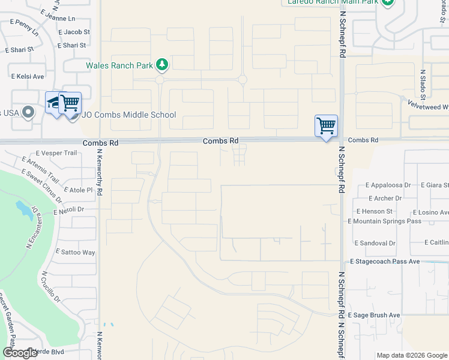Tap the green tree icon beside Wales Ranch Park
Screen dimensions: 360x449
[161, 64]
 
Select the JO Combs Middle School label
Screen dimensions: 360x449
[128, 115]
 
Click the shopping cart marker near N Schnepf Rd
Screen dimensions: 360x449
[326, 126]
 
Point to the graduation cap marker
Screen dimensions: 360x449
[55, 103]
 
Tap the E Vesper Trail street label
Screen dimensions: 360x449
[57, 153]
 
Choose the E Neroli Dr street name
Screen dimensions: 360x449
[68, 211]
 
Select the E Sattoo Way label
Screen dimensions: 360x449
[75, 253]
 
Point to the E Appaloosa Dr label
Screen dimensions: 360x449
[383, 185]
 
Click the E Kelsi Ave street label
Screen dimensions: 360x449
[28, 76]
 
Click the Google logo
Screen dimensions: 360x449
[20, 353]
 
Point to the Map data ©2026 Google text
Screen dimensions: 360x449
[412, 355]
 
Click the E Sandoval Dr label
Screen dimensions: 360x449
[375, 243]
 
